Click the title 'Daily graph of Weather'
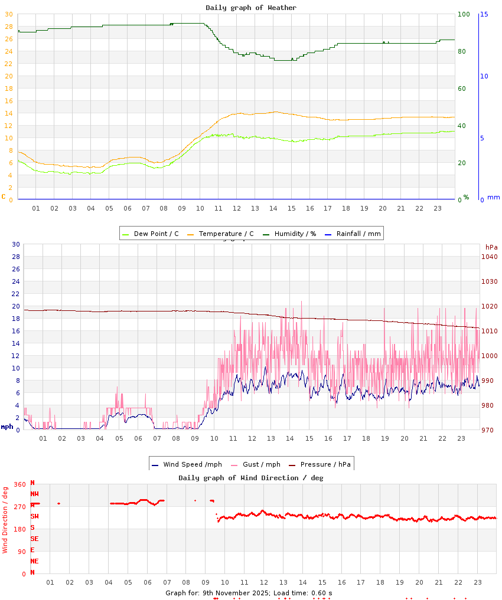[x=251, y=8]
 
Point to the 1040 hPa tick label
[x=490, y=257]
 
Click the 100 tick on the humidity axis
[x=464, y=14]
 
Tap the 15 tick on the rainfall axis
[x=484, y=14]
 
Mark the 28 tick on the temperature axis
[x=8, y=27]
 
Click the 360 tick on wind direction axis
[x=19, y=485]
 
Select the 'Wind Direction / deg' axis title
[x=5, y=519]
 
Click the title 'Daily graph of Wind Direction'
[x=251, y=478]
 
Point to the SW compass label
[x=34, y=516]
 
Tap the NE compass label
[x=34, y=561]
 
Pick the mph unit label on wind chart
[x=7, y=426]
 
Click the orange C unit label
[x=4, y=196]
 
